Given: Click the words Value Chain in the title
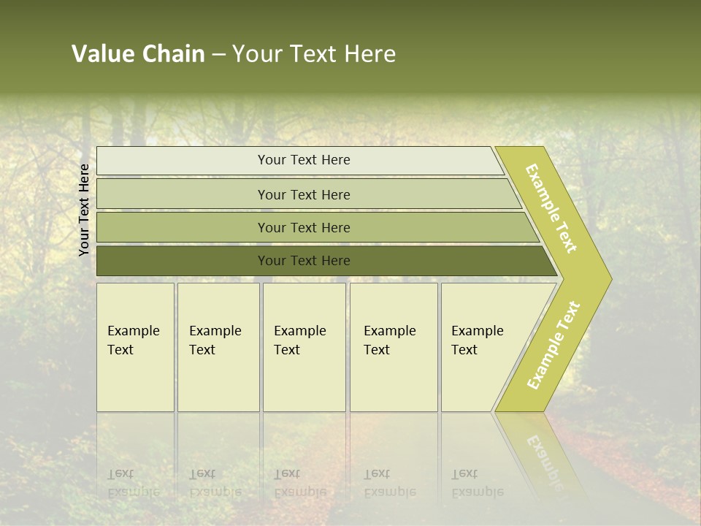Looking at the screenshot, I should [x=138, y=54].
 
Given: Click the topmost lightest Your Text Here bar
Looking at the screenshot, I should [x=303, y=160].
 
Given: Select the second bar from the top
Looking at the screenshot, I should [x=303, y=194].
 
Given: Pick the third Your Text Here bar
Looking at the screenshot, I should [x=303, y=227].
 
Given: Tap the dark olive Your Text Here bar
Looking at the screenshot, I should [x=303, y=261].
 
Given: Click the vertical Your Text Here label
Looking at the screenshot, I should [x=84, y=210].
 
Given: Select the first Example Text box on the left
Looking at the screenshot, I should [x=135, y=347].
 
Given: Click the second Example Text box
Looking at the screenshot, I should [x=218, y=347].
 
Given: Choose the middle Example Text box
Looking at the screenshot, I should [x=303, y=347].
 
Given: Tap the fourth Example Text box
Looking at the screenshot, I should [x=393, y=347].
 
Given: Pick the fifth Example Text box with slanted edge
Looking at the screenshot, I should [x=482, y=347].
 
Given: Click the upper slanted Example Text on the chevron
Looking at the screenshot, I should [x=551, y=208].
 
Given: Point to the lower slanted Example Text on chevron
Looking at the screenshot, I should [x=553, y=345].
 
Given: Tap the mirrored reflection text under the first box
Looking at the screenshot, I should [x=134, y=483].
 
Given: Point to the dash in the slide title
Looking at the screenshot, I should [x=218, y=54].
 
